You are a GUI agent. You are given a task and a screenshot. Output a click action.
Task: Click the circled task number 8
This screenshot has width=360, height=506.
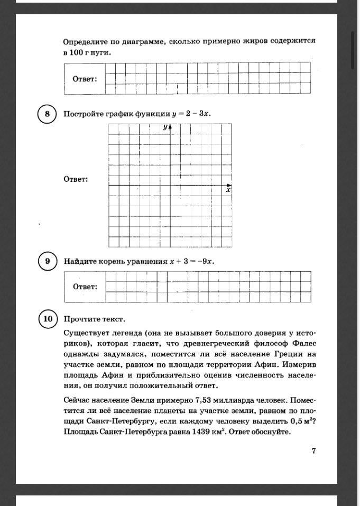pyautogui.click(x=47, y=114)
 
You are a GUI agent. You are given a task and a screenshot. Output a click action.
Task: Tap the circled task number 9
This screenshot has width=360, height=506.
pyautogui.click(x=47, y=261)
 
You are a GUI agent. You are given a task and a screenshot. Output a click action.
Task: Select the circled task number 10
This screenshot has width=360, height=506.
pyautogui.click(x=48, y=319)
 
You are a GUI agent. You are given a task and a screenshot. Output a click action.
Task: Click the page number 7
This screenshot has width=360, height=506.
pyautogui.click(x=313, y=450)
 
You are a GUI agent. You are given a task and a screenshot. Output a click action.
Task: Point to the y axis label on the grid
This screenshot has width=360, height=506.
pyautogui.click(x=165, y=127)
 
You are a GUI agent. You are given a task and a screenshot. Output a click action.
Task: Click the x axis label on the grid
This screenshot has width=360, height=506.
pyautogui.click(x=228, y=190)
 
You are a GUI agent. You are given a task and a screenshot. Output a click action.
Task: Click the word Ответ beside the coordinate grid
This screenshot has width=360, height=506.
pyautogui.click(x=76, y=179)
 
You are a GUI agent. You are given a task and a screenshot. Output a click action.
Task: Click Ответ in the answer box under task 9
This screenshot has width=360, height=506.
pyautogui.click(x=85, y=287)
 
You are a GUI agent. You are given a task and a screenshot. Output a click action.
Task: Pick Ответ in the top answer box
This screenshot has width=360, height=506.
pyautogui.click(x=85, y=79)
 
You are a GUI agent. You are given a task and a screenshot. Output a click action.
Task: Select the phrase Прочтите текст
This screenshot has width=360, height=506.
pyautogui.click(x=94, y=319)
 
